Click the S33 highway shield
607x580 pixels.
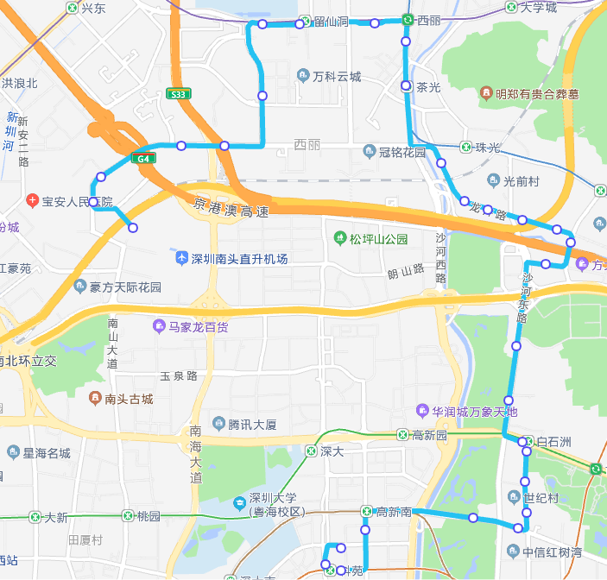(179, 94)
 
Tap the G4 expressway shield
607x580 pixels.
(142, 158)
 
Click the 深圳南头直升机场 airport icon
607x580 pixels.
(181, 259)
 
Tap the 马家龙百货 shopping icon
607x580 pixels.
(159, 326)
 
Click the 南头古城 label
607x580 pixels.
(129, 399)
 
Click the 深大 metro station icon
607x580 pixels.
(311, 451)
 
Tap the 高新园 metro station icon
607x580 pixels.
(403, 436)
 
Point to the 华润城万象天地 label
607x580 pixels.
(476, 411)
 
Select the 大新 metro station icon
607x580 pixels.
(35, 517)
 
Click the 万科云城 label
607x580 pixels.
(336, 77)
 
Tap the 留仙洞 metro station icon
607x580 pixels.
(305, 21)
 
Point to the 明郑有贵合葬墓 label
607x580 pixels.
(536, 93)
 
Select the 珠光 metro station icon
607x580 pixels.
(466, 148)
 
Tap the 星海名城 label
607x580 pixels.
(47, 453)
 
